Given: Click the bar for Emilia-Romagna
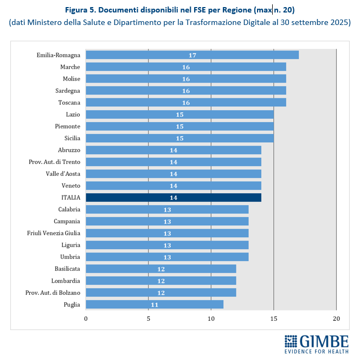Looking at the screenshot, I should click(x=192, y=55).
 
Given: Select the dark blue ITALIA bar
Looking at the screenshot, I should click(x=173, y=198).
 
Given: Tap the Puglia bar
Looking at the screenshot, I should click(x=154, y=305).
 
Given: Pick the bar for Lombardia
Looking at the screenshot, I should click(x=160, y=281).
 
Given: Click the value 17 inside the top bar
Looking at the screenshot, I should click(x=192, y=55).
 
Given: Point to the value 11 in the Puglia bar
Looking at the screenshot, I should click(x=155, y=305).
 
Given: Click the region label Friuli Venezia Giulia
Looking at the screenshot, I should click(x=54, y=233).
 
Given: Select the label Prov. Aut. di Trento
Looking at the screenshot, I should click(x=54, y=162).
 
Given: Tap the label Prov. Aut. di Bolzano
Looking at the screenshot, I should click(x=53, y=293).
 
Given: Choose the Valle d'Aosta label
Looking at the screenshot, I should click(x=63, y=174).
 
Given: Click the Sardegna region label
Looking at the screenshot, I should click(x=68, y=91).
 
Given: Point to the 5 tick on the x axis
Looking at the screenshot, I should click(x=149, y=318).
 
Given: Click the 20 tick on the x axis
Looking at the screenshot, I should click(x=336, y=318).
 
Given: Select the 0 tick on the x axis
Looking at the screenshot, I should click(x=86, y=318).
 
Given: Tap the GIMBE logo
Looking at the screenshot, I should click(x=316, y=344).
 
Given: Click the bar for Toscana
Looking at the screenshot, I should click(x=185, y=103).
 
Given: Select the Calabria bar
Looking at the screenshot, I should click(x=167, y=210).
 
